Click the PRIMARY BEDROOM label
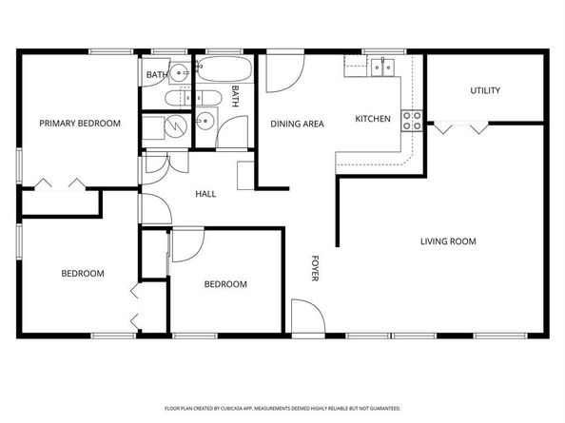79,123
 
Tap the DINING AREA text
298,124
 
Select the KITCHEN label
373,119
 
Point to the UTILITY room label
485,91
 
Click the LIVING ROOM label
448,241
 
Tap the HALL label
205,194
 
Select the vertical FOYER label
315,268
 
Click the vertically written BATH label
235,96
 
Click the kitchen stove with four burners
413,120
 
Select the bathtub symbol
226,71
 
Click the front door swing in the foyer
304,317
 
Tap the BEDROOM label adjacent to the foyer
226,284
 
